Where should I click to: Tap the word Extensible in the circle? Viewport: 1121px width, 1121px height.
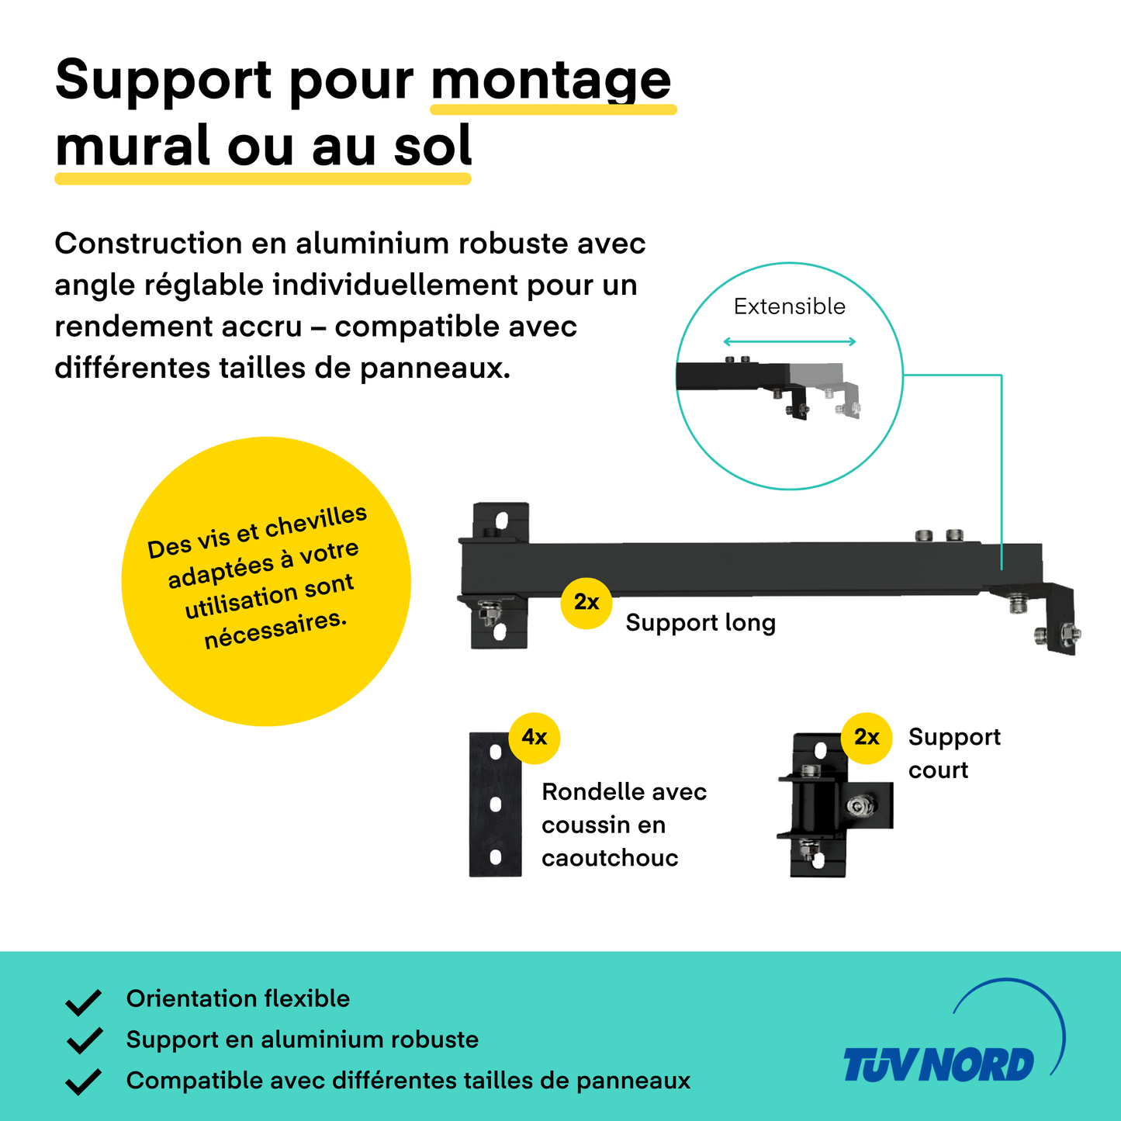(790, 306)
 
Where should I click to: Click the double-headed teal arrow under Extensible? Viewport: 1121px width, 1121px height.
(790, 341)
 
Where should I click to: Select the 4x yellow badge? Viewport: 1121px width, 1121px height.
(534, 738)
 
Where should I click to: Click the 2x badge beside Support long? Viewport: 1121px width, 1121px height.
(586, 603)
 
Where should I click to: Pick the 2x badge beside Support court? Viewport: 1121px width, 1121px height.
(867, 738)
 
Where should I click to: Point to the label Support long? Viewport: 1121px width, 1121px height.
(701, 623)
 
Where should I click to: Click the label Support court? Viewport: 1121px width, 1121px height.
(954, 753)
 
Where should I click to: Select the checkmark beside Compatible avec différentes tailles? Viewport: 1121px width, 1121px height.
(84, 1081)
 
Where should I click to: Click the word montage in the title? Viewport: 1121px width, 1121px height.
(551, 81)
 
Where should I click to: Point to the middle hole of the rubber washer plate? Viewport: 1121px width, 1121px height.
(496, 804)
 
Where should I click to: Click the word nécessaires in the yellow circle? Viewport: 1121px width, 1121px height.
(275, 629)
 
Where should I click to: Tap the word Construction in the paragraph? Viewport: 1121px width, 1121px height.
(147, 243)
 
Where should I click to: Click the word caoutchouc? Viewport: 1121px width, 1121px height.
(610, 858)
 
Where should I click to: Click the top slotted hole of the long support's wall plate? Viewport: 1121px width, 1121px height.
(501, 520)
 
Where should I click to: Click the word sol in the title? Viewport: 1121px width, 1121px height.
(432, 145)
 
